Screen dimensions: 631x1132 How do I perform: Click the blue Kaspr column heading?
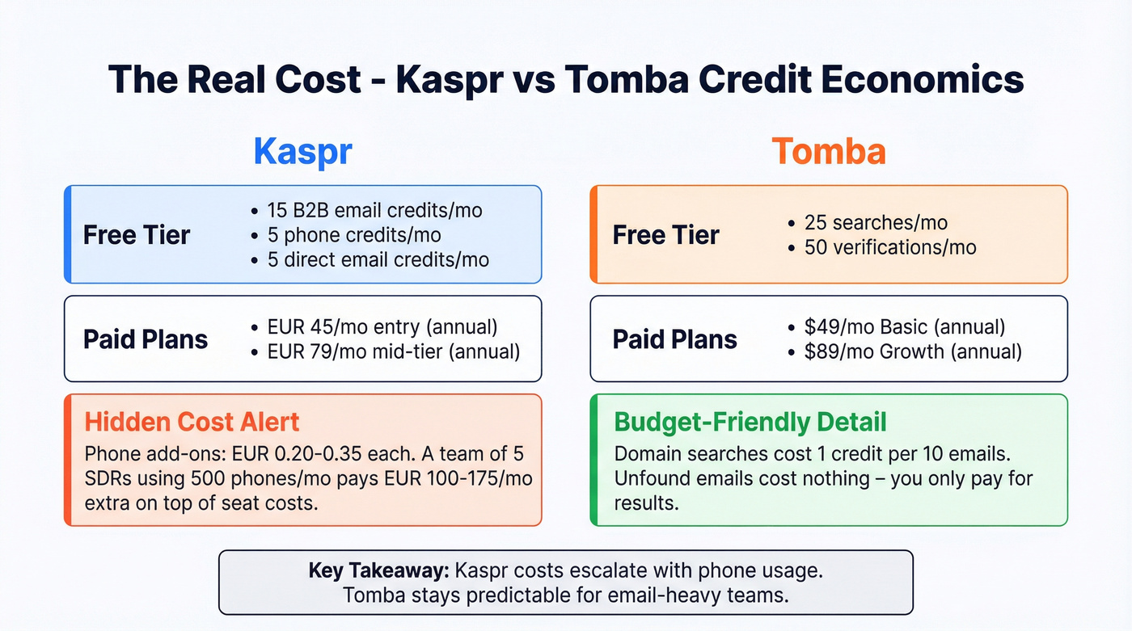click(302, 152)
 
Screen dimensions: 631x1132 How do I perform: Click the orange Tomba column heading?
click(828, 152)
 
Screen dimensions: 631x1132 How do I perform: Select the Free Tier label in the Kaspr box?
click(137, 235)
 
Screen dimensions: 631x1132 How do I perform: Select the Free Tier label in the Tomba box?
click(665, 235)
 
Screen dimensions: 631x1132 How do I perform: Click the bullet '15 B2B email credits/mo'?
click(374, 211)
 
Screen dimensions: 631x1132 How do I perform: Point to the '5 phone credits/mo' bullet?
click(354, 235)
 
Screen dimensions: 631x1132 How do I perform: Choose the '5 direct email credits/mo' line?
click(378, 259)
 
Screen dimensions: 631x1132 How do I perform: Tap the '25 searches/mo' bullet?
click(875, 223)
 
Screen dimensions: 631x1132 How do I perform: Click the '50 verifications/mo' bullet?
click(889, 247)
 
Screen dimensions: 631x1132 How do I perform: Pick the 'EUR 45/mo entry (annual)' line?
click(382, 327)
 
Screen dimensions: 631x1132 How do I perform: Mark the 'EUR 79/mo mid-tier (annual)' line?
click(393, 351)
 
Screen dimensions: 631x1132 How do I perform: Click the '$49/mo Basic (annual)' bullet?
click(904, 327)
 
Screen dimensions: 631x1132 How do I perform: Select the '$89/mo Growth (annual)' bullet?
click(912, 351)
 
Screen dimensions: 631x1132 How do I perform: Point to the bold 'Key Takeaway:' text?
click(378, 571)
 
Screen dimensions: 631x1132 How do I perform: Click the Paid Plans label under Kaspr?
click(146, 339)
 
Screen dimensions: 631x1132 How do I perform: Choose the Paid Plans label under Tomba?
click(674, 339)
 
